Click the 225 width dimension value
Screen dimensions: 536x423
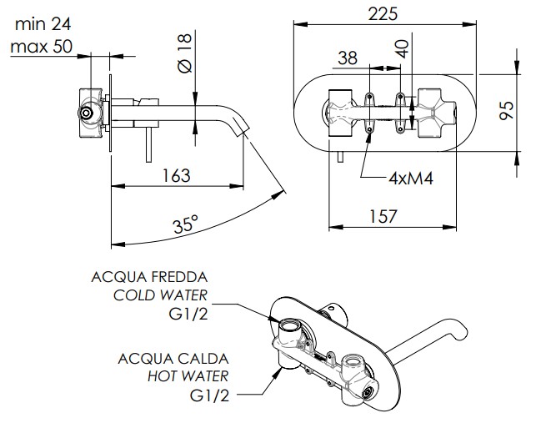383,14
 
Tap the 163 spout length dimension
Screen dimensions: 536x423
176,175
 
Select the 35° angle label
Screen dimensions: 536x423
186,224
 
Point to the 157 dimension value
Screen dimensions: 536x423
383,216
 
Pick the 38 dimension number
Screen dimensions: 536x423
348,58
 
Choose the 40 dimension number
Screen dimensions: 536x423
403,49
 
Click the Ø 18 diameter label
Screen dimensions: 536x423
186,53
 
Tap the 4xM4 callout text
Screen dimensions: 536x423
411,179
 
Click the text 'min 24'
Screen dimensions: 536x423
43,25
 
